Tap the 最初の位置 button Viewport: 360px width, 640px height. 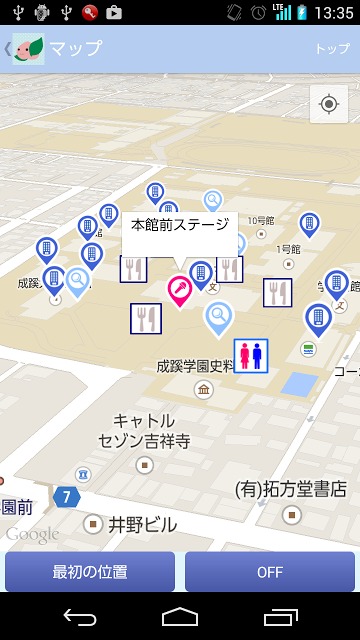point(90,572)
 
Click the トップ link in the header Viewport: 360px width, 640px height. point(332,48)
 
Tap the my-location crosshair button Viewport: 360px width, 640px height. point(329,104)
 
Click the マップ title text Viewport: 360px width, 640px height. point(76,48)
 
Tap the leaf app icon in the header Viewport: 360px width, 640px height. point(28,48)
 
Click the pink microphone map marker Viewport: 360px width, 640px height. point(179,291)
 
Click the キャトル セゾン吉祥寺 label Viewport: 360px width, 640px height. point(144,430)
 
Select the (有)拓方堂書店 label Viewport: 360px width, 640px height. point(290,490)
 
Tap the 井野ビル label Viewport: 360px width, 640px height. point(142,524)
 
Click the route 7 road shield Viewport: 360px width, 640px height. point(66,496)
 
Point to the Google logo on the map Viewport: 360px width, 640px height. point(32,535)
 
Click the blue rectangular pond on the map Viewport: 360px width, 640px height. point(297,384)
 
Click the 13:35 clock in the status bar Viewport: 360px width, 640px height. point(334,13)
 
